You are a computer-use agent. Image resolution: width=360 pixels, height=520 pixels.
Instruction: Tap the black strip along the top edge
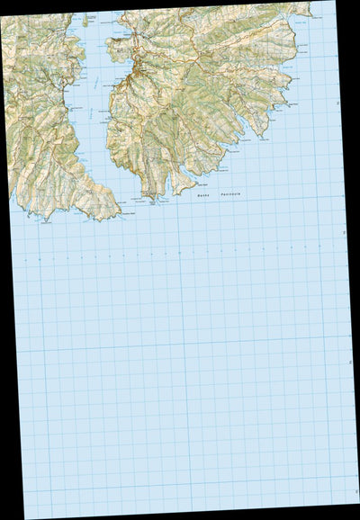click(x=180, y=4)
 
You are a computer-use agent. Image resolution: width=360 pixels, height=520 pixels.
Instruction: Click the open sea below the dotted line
click(x=180, y=378)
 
